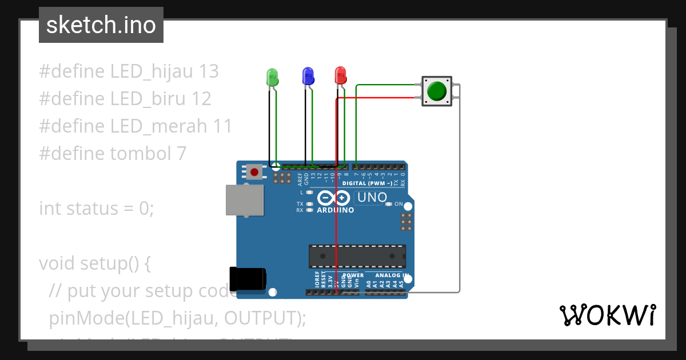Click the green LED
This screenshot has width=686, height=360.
(x=273, y=77)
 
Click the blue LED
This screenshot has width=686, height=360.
(x=308, y=76)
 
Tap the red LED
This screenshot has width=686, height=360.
(x=340, y=75)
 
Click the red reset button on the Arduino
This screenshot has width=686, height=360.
(x=254, y=171)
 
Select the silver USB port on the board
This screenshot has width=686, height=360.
(x=245, y=200)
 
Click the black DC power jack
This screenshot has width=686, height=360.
(x=248, y=278)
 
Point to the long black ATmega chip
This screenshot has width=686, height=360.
(x=357, y=257)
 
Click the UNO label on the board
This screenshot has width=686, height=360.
(x=371, y=198)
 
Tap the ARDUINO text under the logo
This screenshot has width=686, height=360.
(x=335, y=210)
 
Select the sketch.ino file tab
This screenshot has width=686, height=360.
(x=101, y=25)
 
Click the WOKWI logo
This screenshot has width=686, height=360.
(x=607, y=315)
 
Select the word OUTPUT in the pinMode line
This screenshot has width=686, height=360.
(x=261, y=318)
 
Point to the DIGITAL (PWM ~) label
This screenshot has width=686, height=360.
(x=367, y=183)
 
